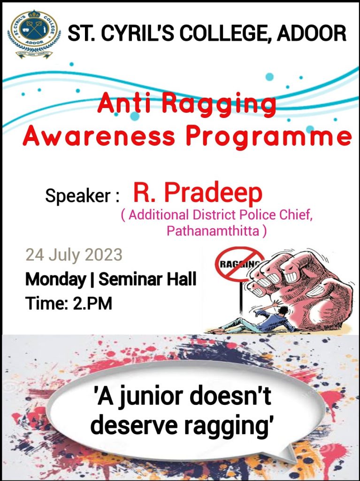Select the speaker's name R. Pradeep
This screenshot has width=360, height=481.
(x=198, y=193)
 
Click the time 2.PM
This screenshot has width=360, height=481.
(x=92, y=303)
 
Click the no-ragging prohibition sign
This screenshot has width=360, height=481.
(x=239, y=267)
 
